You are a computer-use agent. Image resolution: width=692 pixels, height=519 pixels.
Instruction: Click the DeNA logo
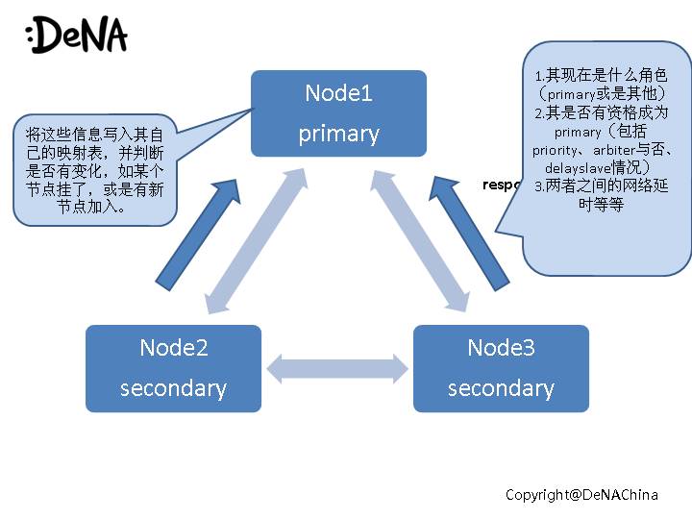click(78, 36)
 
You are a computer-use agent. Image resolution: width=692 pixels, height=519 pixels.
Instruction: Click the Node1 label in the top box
click(338, 93)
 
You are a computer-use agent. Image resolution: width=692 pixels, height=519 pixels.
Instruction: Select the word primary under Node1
click(338, 134)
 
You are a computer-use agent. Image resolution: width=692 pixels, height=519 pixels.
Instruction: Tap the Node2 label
click(173, 347)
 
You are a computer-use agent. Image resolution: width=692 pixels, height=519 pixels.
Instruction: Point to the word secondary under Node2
click(173, 388)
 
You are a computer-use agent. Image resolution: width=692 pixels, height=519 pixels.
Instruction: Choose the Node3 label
click(501, 347)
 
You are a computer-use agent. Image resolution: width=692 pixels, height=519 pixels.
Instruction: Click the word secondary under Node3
click(501, 388)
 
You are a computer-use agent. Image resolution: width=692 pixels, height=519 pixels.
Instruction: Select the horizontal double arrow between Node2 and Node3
click(337, 368)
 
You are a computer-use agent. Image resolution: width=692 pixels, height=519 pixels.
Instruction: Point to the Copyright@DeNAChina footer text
click(581, 495)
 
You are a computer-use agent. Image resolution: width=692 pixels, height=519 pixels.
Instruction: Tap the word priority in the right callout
click(557, 150)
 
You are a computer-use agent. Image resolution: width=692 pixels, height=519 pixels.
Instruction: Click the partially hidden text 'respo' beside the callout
click(502, 185)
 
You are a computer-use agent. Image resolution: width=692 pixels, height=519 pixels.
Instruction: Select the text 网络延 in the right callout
click(630, 186)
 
